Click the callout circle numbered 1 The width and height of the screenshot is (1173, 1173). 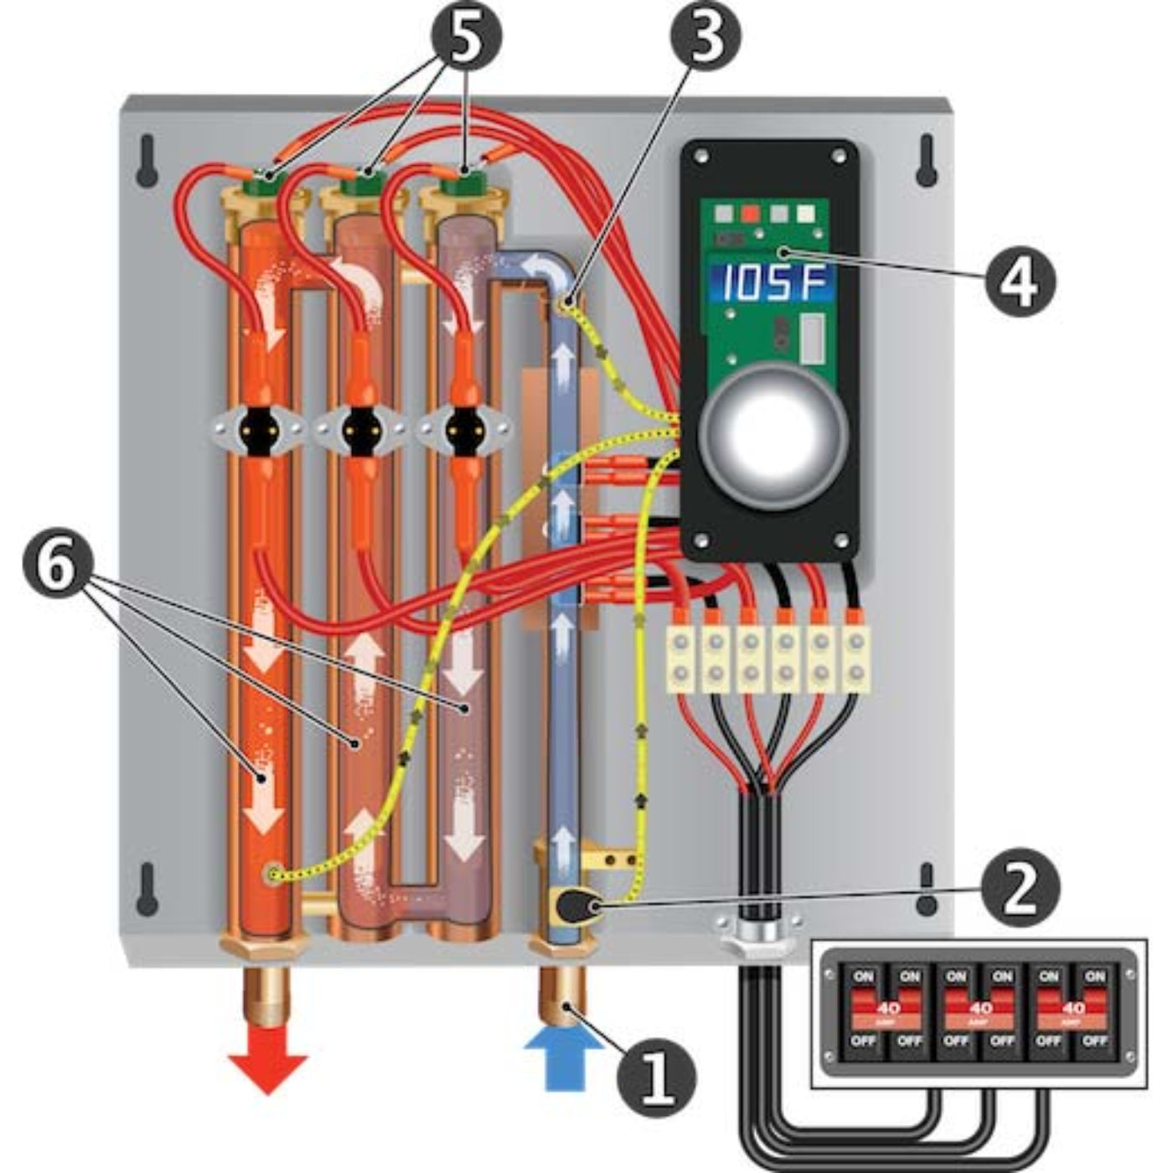(x=656, y=1075)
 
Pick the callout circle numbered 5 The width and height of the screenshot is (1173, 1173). (x=466, y=36)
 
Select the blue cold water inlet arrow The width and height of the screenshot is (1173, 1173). (x=563, y=1057)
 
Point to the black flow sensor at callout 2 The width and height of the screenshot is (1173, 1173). (x=576, y=906)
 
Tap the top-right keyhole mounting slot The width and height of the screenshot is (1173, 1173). (x=926, y=159)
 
